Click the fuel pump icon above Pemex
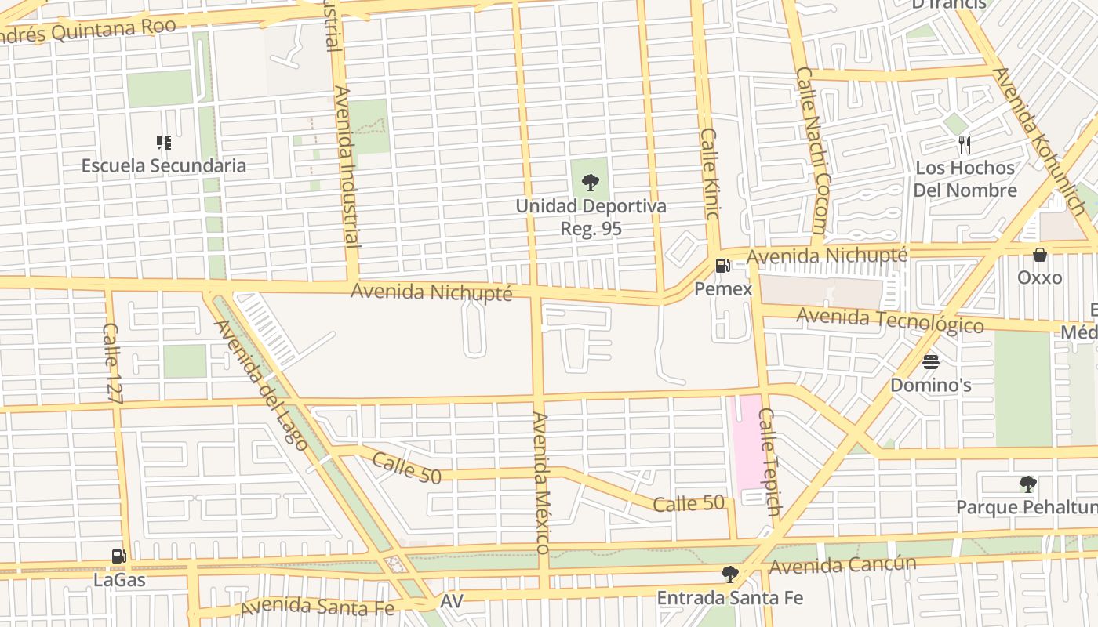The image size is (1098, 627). (722, 265)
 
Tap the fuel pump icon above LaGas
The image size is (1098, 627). (118, 556)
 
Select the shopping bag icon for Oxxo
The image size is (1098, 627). (1040, 255)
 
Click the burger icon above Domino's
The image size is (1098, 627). (931, 361)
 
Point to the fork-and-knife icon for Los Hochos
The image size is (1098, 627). (965, 144)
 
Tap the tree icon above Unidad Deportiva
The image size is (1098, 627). (591, 183)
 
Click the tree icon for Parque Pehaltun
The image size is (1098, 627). (1027, 484)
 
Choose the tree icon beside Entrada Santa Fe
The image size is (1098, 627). (729, 574)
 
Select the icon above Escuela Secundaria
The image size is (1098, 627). (164, 142)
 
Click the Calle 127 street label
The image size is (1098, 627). (113, 364)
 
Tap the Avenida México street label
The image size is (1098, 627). (542, 481)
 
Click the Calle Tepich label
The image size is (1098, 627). (770, 462)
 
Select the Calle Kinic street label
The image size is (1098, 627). (710, 180)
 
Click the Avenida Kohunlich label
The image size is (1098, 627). (1039, 141)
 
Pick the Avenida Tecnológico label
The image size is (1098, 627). (889, 320)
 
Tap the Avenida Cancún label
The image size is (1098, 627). (842, 565)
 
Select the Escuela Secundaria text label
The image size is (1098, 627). (164, 165)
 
